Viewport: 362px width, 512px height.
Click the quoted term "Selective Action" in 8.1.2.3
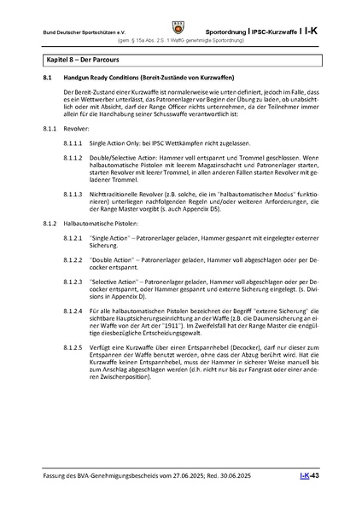click(117, 280)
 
